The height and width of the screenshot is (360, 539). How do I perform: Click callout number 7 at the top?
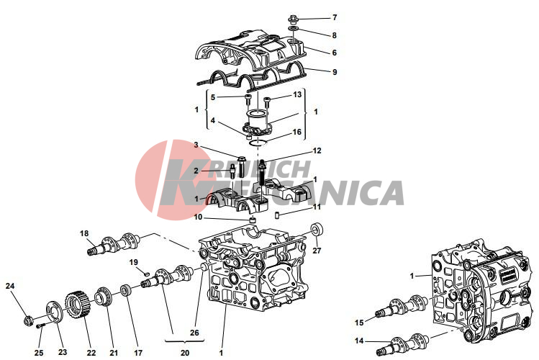(335, 17)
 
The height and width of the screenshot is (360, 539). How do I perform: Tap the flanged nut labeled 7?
(293, 18)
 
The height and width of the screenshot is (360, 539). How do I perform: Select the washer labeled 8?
(293, 28)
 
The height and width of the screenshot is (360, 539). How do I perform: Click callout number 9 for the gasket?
(335, 72)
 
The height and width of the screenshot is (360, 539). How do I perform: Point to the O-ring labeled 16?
(258, 143)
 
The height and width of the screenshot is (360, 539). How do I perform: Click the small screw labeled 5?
(248, 99)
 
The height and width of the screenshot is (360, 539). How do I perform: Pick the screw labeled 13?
(267, 102)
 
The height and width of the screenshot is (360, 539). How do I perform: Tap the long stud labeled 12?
(262, 173)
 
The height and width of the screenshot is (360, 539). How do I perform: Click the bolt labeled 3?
(241, 166)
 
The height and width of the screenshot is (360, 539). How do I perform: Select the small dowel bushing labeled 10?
(253, 220)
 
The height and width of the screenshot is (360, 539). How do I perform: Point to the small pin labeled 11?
(277, 215)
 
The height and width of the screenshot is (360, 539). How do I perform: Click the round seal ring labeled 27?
(317, 229)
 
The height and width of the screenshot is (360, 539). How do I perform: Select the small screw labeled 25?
(41, 325)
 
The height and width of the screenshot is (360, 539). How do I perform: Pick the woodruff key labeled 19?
(146, 274)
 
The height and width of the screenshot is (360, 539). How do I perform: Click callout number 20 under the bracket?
(185, 353)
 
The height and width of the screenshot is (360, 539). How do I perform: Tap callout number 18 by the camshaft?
(84, 233)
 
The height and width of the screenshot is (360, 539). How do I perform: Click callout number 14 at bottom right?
(359, 341)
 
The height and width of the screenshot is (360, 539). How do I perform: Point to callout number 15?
(359, 323)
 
